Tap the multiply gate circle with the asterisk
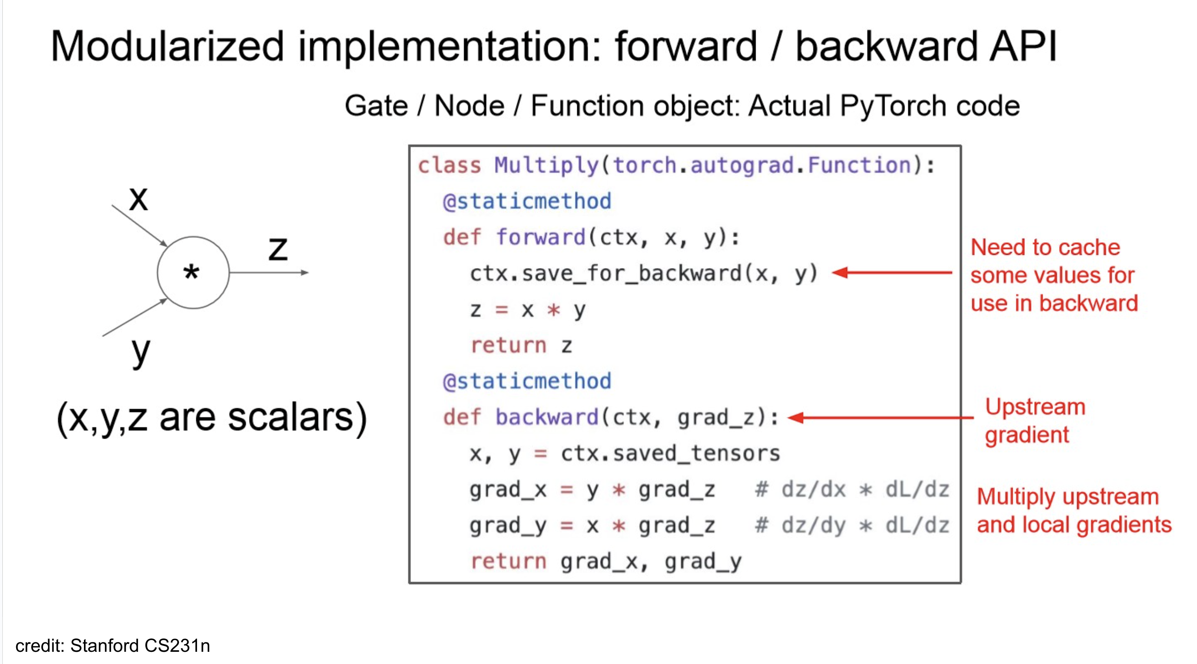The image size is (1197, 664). [x=193, y=273]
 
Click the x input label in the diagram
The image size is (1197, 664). [x=138, y=199]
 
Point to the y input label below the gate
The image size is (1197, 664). [x=140, y=352]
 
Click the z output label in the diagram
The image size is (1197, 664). [x=278, y=249]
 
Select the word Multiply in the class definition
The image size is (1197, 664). [x=546, y=166]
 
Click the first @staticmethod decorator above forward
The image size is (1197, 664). [x=526, y=202]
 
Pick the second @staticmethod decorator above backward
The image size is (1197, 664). [x=526, y=381]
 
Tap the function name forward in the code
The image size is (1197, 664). [x=540, y=237]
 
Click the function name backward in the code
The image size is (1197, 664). [x=546, y=417]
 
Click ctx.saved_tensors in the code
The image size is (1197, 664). [x=670, y=453]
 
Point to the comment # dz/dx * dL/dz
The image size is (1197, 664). [x=851, y=490]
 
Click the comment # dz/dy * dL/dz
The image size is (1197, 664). [x=851, y=526]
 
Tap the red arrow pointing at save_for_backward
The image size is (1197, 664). [x=891, y=273]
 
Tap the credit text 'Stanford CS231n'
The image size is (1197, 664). [x=140, y=645]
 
